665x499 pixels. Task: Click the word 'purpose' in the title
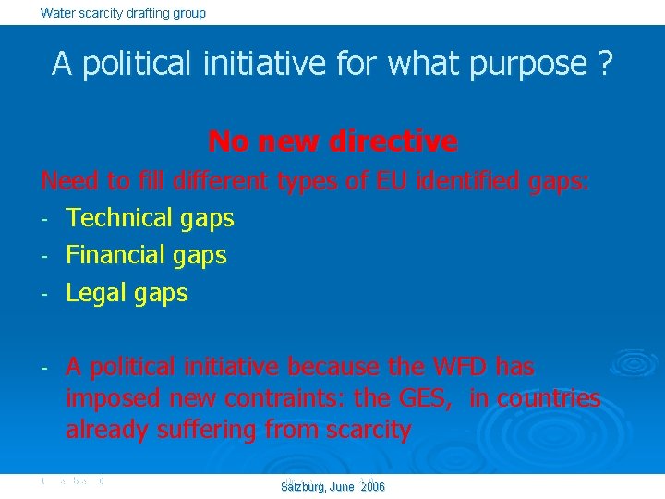(x=531, y=65)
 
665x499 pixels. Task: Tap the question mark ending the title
(x=606, y=64)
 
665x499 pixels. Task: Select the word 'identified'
(x=468, y=181)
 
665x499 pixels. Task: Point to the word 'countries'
(x=549, y=398)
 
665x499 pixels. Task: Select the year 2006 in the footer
(x=372, y=487)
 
